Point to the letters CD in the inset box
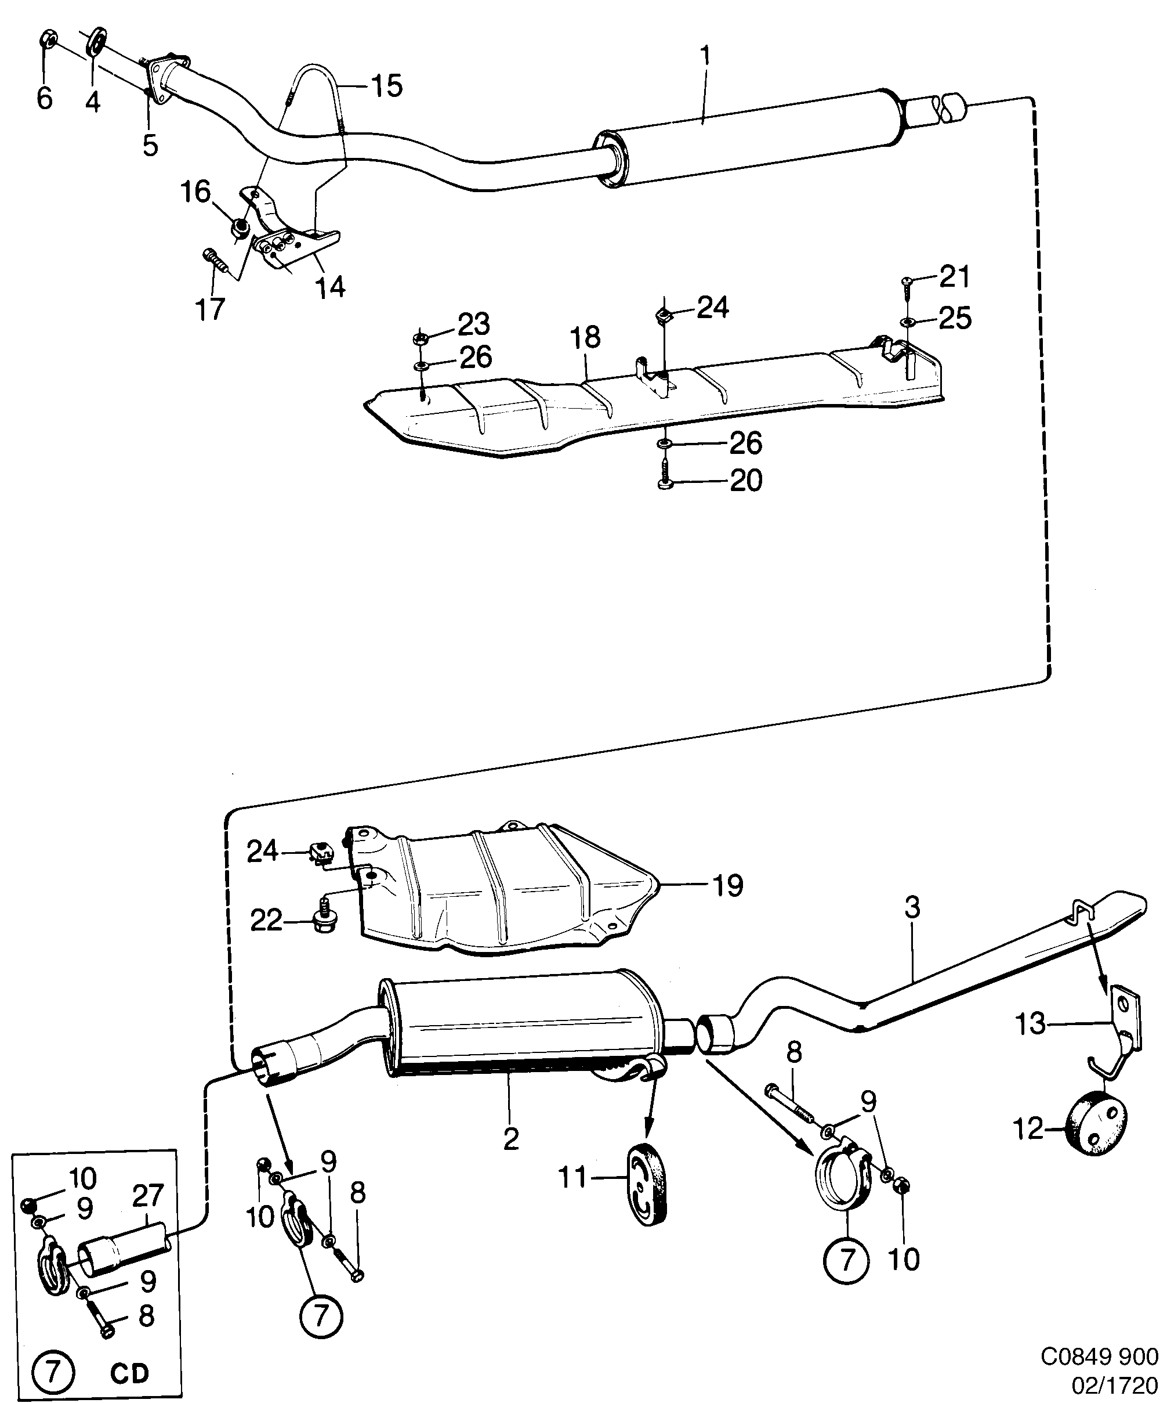pos(129,1369)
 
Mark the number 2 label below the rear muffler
pos(511,1139)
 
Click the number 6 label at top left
pos(44,98)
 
